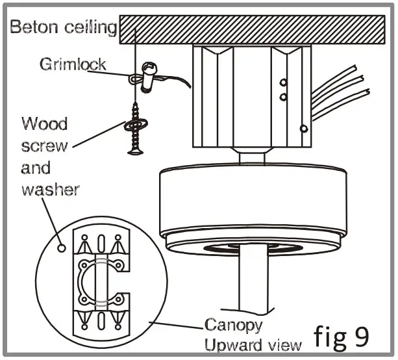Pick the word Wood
click(44, 123)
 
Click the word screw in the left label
click(44, 146)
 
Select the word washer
click(50, 190)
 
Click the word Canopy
click(234, 324)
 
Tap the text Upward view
click(253, 343)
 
